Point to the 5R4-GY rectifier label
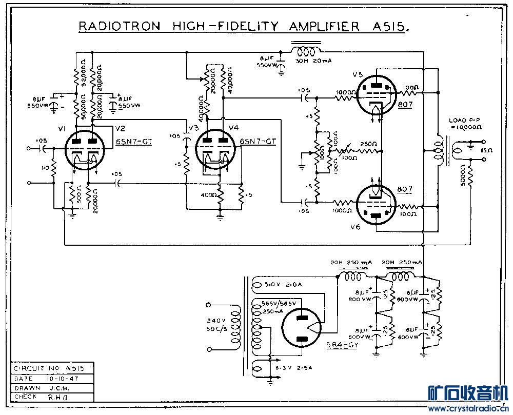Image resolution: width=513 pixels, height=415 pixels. [x=342, y=345]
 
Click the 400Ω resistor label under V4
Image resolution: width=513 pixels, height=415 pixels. [x=209, y=195]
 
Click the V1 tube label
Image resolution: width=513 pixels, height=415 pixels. [x=61, y=128]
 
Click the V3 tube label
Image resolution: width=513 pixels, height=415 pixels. [x=193, y=128]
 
